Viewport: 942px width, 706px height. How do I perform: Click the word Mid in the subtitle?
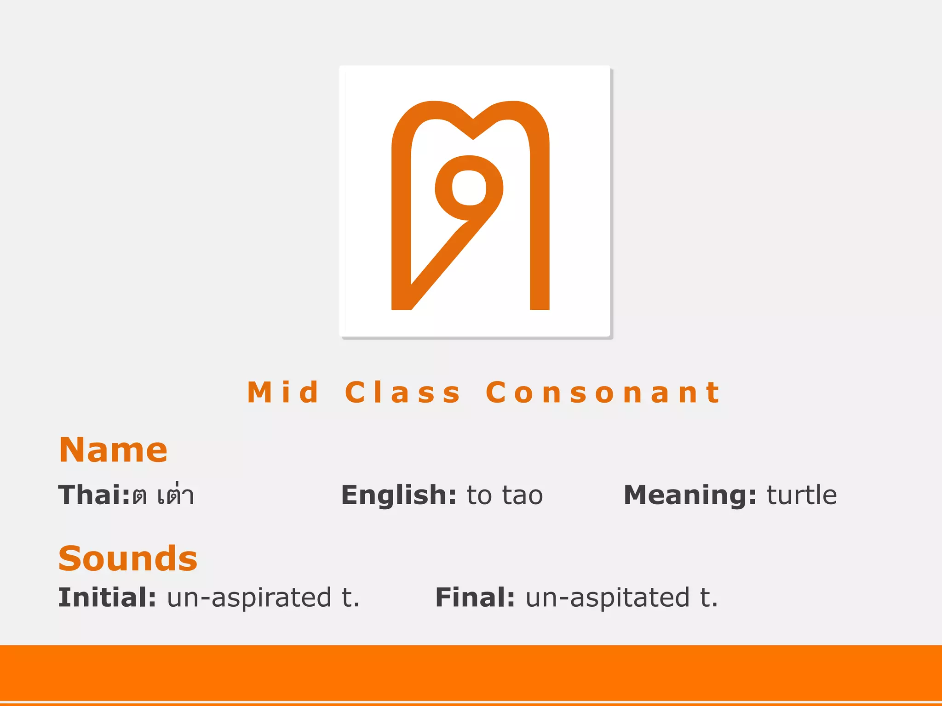click(x=283, y=393)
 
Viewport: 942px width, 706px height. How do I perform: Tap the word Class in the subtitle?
click(x=402, y=393)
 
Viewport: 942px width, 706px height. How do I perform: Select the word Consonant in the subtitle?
click(x=603, y=393)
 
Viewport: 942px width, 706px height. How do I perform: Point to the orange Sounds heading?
click(x=128, y=558)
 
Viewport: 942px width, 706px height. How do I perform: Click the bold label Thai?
click(x=94, y=495)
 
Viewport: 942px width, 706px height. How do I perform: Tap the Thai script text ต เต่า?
click(x=163, y=495)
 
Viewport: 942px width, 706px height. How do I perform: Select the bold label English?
click(x=398, y=495)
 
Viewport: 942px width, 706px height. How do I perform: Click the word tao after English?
click(x=523, y=495)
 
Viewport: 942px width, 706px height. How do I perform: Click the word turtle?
click(x=802, y=495)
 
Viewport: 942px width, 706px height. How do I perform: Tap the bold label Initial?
click(x=107, y=598)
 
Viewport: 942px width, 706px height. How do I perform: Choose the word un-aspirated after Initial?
click(x=249, y=598)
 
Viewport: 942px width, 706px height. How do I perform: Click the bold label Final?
click(x=475, y=598)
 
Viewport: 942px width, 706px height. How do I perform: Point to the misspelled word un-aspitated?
click(x=607, y=598)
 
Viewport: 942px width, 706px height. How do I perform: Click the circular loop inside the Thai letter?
click(x=469, y=188)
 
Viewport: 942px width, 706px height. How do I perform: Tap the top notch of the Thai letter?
click(x=473, y=129)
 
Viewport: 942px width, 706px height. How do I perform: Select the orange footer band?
click(x=471, y=673)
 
